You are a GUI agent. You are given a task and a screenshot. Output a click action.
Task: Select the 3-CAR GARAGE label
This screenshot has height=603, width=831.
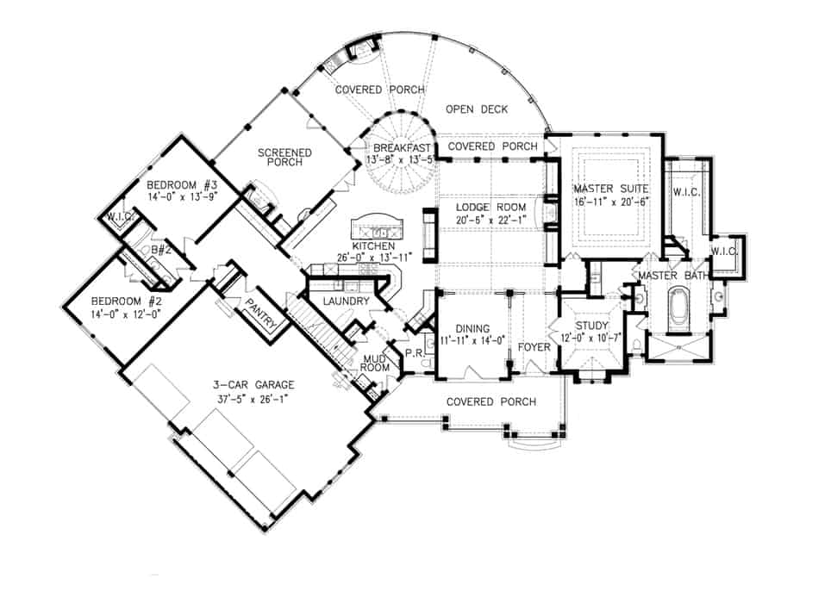[255, 384]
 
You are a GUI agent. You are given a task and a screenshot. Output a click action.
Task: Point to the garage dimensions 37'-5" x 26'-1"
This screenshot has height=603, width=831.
[255, 397]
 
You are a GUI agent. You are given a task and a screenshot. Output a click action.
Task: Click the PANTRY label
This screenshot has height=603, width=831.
[259, 314]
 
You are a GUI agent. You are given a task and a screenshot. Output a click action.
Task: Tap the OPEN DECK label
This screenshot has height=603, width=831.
[477, 109]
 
